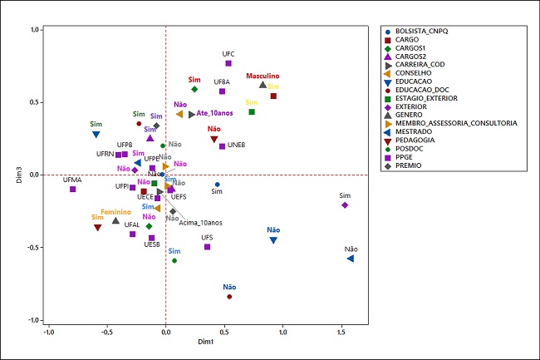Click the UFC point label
click(228, 54)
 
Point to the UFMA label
click(72, 180)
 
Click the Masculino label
click(263, 76)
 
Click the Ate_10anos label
click(214, 114)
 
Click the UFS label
click(207, 238)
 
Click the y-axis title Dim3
click(17, 175)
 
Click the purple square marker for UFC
click(228, 63)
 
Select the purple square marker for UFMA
click(72, 189)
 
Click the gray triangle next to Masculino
click(263, 85)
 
